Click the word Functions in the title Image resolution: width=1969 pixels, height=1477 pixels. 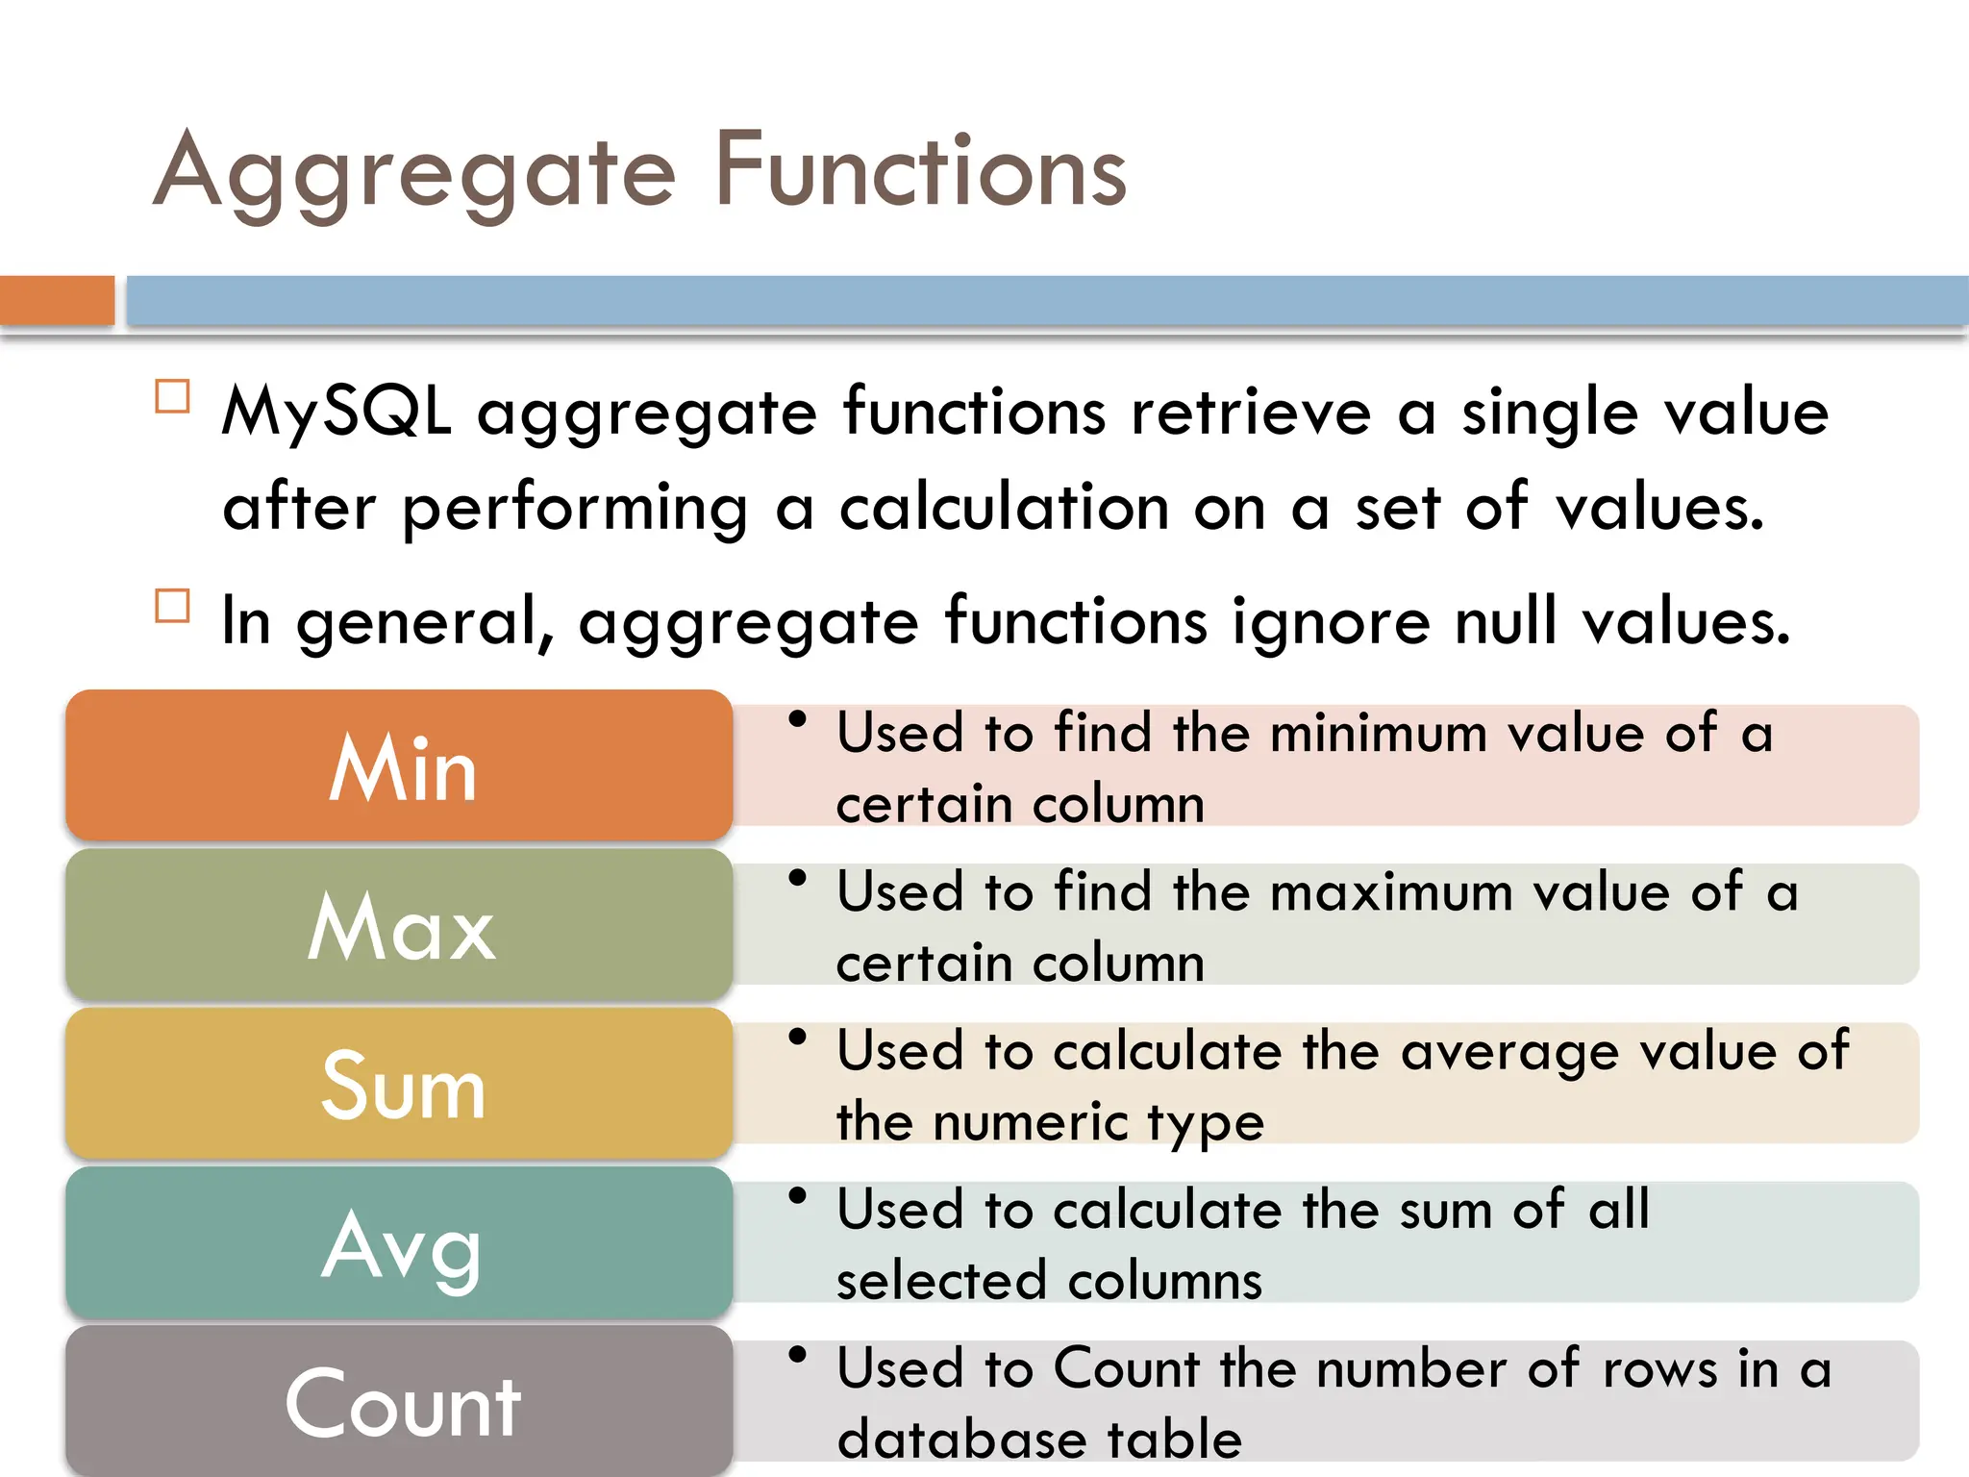(920, 171)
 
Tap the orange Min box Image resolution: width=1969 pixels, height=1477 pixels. (399, 766)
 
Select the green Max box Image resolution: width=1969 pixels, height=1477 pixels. (399, 926)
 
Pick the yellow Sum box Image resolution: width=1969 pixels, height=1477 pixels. (399, 1085)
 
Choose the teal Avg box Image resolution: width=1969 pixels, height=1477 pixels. (399, 1244)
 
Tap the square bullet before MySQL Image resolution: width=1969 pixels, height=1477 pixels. (172, 396)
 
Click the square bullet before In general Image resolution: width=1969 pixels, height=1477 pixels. (172, 606)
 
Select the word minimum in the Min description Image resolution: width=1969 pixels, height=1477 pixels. (1378, 735)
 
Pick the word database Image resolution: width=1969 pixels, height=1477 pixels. (960, 1439)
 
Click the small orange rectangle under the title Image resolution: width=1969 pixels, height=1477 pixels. (57, 300)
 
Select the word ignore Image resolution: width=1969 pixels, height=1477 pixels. (1331, 621)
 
